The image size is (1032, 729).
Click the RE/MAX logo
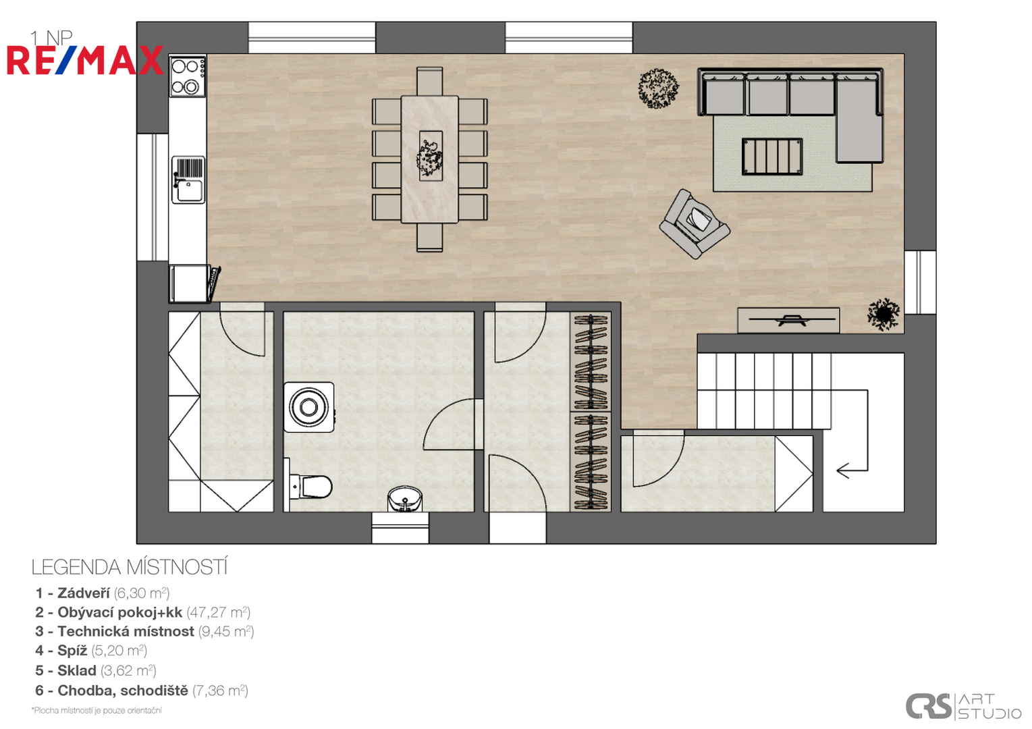tap(85, 60)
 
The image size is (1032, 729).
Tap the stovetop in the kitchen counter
tap(188, 76)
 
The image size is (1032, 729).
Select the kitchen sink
tap(188, 180)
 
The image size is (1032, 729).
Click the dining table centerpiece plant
tap(431, 157)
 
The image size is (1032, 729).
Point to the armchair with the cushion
tap(695, 224)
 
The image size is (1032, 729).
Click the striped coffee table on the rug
tap(772, 157)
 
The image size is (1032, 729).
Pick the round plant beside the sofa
tap(658, 88)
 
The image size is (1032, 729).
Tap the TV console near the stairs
tap(788, 320)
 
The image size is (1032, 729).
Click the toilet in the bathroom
tap(308, 485)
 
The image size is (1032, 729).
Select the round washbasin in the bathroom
tap(405, 499)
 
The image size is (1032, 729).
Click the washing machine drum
tap(308, 407)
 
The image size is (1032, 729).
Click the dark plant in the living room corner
tap(884, 315)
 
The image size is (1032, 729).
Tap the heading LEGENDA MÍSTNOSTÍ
tap(130, 568)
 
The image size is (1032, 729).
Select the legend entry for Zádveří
tap(103, 593)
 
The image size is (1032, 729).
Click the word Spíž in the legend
tap(72, 651)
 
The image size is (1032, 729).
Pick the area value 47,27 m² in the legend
tap(219, 612)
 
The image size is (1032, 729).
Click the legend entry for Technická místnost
tap(144, 631)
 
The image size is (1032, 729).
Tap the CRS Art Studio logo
tap(964, 707)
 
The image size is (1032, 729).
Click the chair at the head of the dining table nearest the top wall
tap(430, 81)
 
